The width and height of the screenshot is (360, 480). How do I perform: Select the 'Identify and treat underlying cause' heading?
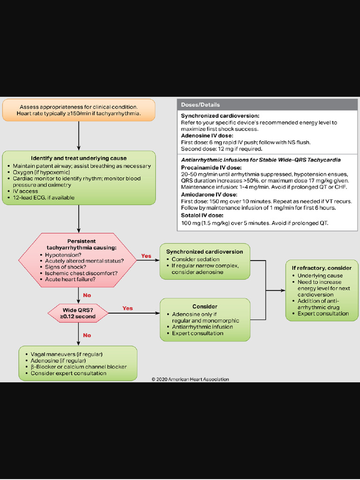click(x=79, y=158)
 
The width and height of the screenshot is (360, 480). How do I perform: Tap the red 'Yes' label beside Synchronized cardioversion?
click(x=146, y=256)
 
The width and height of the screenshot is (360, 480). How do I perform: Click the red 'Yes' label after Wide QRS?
click(x=127, y=308)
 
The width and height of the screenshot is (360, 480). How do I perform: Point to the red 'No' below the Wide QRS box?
click(x=87, y=335)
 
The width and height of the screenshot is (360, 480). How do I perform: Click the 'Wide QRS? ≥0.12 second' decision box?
click(x=78, y=313)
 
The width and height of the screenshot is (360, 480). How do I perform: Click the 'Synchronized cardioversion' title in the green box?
click(x=204, y=252)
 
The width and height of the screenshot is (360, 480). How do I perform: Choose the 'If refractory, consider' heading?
click(x=322, y=268)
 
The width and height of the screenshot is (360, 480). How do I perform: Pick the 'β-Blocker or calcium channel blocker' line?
click(x=78, y=367)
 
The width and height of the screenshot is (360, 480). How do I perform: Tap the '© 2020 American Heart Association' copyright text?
click(x=190, y=379)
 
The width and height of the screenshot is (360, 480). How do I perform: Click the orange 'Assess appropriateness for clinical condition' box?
click(x=78, y=110)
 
